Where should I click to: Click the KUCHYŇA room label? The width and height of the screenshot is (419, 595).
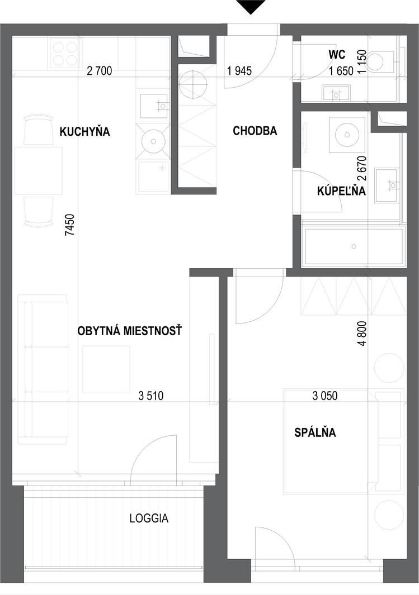coord(84,132)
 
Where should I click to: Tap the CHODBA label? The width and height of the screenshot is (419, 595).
coord(255,131)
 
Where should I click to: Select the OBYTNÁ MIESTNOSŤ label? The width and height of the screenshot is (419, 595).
coord(130,331)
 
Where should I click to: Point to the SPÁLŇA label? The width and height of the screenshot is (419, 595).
coord(316,432)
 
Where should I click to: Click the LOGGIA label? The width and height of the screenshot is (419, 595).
coord(149,518)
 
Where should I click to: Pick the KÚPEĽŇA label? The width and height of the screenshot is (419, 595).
coord(341,191)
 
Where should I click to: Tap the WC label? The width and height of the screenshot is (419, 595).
coord(337,55)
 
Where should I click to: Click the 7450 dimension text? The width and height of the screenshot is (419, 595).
coord(70,225)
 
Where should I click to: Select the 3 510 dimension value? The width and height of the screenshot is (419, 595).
coord(151,396)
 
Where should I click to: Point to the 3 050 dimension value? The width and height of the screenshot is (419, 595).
coord(325,396)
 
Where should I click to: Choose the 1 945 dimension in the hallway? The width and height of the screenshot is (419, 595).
coord(239,70)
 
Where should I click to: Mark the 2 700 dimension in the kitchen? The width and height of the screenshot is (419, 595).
coord(99,70)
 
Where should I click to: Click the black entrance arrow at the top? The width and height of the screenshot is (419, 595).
coord(250,7)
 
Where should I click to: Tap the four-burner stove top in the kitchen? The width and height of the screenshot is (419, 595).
coord(63,54)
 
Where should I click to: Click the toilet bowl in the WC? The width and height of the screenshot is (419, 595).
coord(380,60)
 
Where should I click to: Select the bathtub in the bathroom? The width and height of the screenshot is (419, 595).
coord(354,246)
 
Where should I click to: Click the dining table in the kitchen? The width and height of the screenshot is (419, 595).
coord(39,170)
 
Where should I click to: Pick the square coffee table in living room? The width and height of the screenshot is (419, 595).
coord(106,369)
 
